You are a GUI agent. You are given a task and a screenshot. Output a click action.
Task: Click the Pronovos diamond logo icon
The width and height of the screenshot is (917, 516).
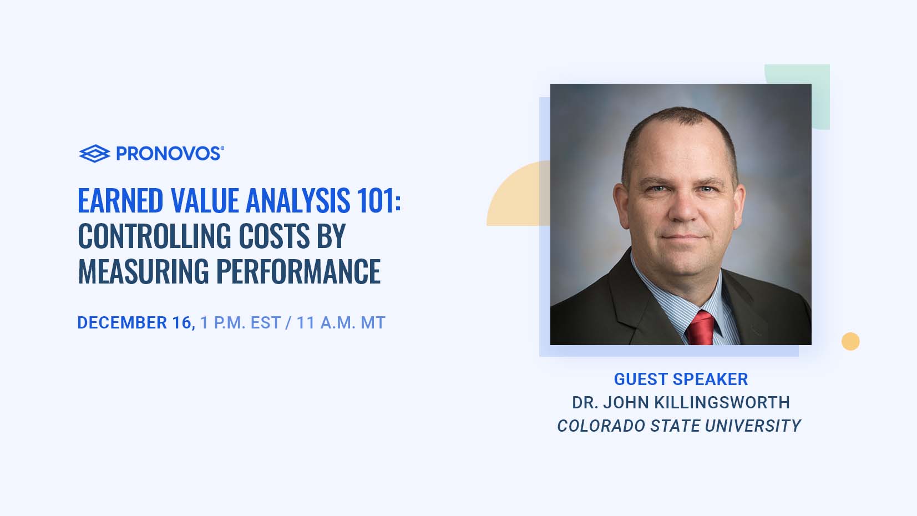(94, 154)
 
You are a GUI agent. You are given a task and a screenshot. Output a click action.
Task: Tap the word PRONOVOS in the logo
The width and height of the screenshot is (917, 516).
(170, 154)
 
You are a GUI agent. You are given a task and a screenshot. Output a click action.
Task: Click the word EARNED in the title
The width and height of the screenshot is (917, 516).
(121, 201)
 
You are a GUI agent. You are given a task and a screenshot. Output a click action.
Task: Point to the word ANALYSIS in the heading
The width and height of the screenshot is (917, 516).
(298, 201)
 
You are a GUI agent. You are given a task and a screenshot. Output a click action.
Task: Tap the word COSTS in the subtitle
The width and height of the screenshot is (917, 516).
(274, 236)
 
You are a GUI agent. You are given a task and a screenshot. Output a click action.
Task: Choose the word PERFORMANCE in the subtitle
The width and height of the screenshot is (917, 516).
(298, 271)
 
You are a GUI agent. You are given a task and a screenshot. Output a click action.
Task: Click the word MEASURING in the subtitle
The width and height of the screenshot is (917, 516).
(143, 271)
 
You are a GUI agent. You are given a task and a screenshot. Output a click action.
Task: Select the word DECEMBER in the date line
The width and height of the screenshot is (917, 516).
(122, 323)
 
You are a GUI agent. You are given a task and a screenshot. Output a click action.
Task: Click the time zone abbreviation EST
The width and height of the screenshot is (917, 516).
(266, 323)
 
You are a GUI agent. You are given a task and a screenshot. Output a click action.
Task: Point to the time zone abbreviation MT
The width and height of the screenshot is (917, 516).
(373, 323)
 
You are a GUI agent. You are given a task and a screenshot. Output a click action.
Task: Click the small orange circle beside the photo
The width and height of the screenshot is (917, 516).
(850, 341)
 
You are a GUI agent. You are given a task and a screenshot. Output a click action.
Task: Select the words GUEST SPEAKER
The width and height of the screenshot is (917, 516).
(681, 379)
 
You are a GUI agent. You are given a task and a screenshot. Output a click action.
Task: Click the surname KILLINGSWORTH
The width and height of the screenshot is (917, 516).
(722, 403)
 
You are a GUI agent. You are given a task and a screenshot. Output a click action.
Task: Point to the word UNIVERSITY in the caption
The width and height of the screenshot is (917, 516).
(753, 426)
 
